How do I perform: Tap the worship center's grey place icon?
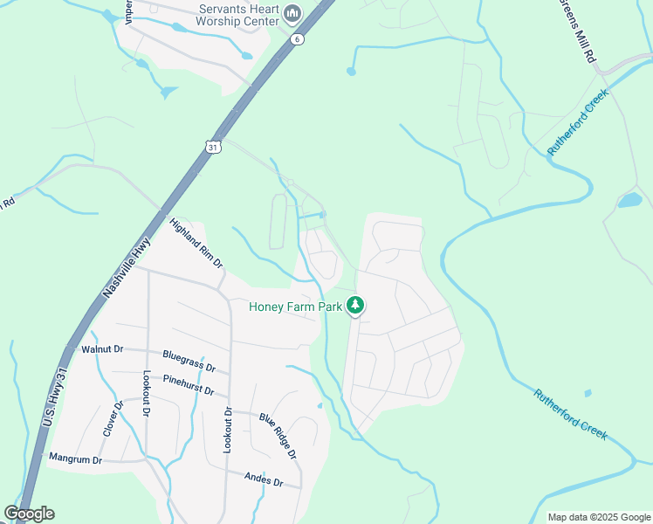click(x=292, y=13)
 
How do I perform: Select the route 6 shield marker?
click(x=298, y=39)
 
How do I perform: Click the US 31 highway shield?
click(x=213, y=148)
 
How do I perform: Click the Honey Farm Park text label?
click(x=295, y=307)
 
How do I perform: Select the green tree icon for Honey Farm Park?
click(x=355, y=305)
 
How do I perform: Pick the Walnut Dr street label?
click(x=101, y=349)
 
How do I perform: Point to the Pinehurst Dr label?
click(x=189, y=385)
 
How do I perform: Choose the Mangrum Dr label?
click(x=75, y=458)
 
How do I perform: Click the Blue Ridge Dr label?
click(x=278, y=436)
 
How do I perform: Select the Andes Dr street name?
click(x=265, y=481)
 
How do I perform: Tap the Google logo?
click(x=29, y=514)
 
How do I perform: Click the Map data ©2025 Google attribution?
click(x=599, y=517)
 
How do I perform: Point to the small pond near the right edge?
click(x=629, y=201)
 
